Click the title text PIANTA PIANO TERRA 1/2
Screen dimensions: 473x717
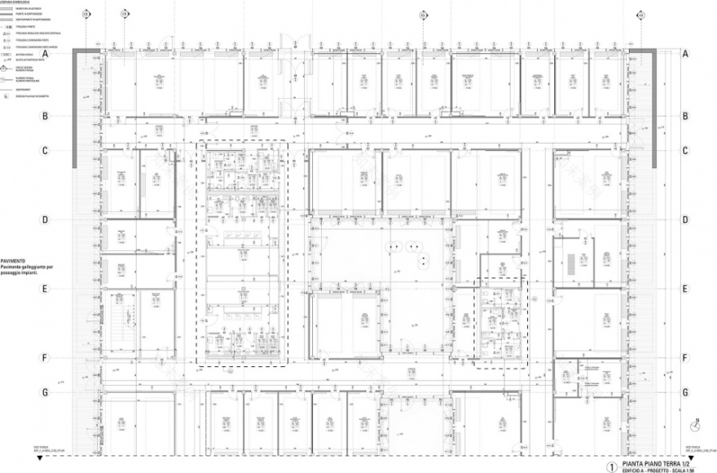(656, 460)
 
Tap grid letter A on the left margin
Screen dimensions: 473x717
(46, 54)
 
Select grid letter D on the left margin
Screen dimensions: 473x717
(46, 219)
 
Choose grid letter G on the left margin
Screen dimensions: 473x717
(46, 392)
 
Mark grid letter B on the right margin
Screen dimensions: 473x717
(685, 117)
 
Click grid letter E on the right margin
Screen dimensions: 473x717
(685, 289)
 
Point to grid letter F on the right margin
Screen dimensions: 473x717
(685, 357)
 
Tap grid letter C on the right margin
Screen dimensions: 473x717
(685, 151)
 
